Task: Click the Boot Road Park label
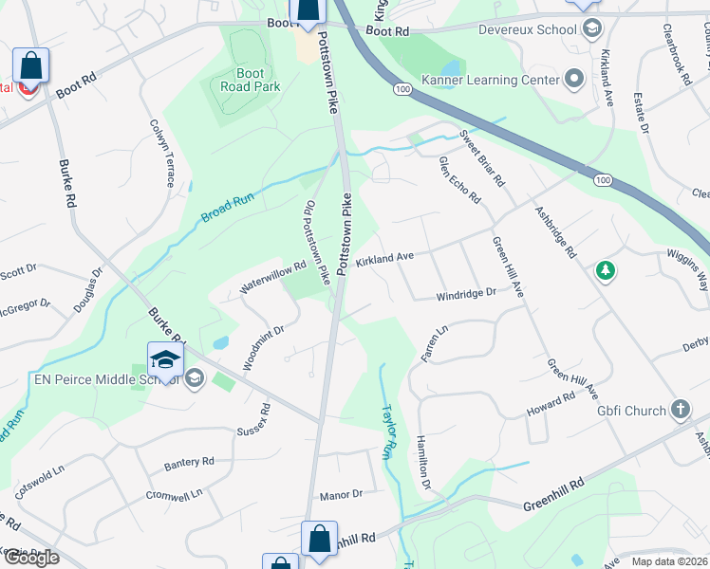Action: coord(250,80)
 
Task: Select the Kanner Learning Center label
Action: coord(503,80)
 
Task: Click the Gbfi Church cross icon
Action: coord(680,410)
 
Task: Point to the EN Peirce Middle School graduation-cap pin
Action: coord(165,359)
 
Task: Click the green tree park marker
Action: coord(605,272)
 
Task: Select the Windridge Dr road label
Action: coord(466,295)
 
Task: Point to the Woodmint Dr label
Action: coord(264,348)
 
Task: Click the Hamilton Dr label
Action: coord(423,464)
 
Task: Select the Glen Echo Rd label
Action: coord(459,180)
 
